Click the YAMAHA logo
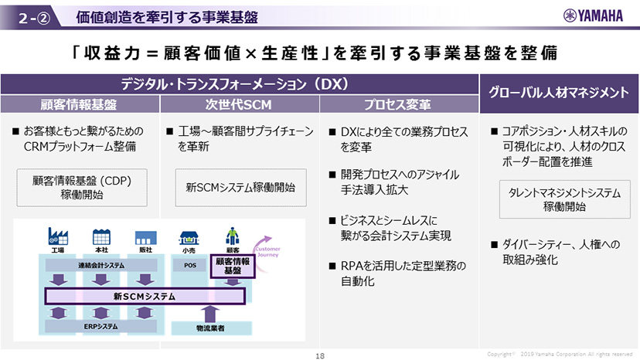click(x=597, y=15)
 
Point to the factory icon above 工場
click(x=58, y=236)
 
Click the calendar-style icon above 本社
click(x=100, y=236)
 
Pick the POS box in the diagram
click(x=190, y=265)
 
